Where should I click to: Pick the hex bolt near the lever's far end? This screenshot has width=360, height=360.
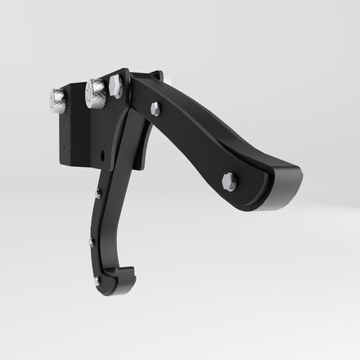coord(229,182)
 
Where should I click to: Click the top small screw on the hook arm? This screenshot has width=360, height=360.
coord(98,193)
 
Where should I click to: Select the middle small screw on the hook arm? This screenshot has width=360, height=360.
coord(91,242)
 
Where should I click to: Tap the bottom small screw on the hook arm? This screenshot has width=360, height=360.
coord(97,281)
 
